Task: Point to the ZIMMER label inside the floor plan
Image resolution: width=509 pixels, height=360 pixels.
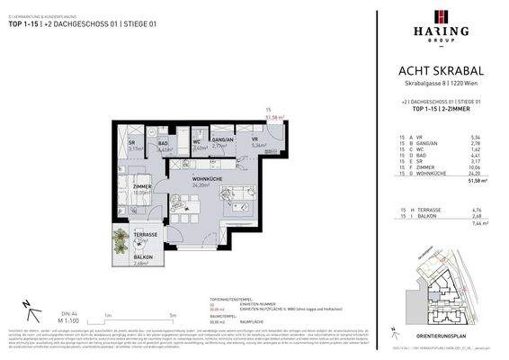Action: (138, 186)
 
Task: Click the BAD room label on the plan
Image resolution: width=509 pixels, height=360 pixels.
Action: (165, 143)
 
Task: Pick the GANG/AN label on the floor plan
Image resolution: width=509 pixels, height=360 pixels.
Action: (222, 139)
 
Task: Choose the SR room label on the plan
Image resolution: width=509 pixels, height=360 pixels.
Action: (131, 142)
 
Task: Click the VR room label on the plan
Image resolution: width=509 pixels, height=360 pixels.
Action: (255, 139)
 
